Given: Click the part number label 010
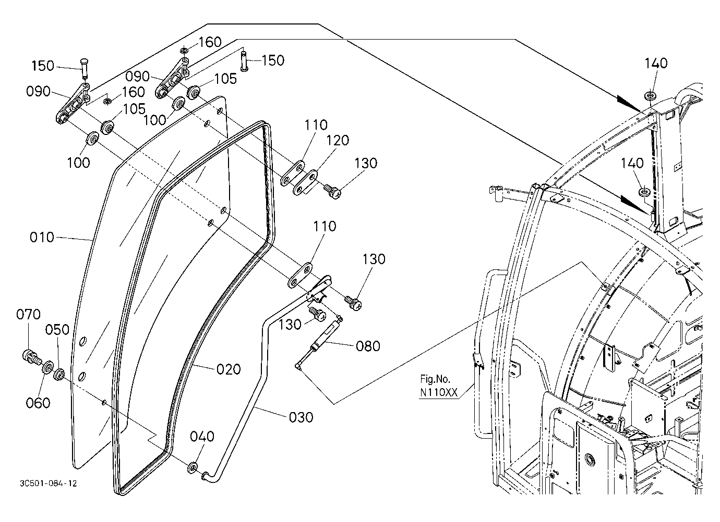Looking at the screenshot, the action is pos(42,237).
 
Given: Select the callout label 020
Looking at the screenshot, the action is pos(229,369).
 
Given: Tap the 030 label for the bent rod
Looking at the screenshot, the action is pos(301,417).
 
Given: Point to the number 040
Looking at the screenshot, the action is pos(202,437).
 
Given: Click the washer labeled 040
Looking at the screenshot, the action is pos(193,468).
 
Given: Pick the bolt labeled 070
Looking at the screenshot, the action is pos(31,357).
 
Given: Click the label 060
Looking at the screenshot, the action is pos(38,403).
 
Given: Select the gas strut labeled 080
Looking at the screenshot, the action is pos(318,343).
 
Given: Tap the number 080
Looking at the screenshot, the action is pos(368,346).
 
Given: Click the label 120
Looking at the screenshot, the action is pos(338,140).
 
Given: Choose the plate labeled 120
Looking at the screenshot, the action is pos(305,182).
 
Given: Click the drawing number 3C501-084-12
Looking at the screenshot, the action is pos(48,483).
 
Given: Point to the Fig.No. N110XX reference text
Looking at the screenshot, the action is pos(438,386).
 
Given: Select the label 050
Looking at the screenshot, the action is pos(57,330).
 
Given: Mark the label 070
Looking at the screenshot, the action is pos(28,314).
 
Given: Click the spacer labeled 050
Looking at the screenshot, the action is pos(59,375).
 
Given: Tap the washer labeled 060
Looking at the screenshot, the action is pos(48,367).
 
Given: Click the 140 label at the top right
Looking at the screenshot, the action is pos(656,63).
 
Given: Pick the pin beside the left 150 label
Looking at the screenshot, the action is pos(85,68).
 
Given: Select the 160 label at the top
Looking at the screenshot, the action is pos(210,42).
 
